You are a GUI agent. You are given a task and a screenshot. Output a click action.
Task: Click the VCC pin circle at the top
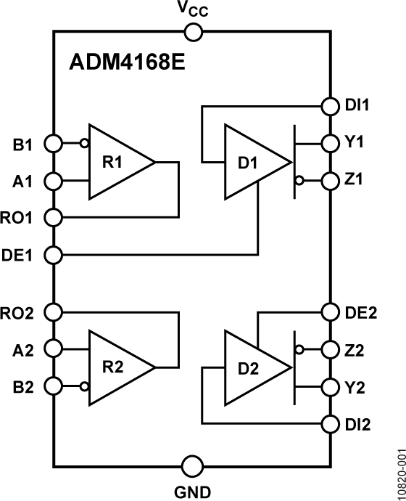193,32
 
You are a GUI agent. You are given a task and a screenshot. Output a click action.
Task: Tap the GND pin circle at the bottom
193,465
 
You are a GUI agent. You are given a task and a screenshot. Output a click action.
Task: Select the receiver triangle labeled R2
116,366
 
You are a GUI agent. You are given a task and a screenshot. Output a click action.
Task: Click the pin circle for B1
54,143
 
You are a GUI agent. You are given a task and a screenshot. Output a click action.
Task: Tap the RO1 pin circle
54,216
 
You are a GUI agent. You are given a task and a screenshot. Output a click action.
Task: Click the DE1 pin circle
54,255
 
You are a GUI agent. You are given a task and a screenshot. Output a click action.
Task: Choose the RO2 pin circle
54,312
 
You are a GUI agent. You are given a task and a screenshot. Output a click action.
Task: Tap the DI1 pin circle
330,106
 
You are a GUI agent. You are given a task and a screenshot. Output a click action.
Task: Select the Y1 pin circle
330,142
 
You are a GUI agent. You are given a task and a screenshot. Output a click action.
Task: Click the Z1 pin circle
330,179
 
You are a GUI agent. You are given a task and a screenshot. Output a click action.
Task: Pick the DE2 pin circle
330,312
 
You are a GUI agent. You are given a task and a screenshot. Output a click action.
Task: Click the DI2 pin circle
330,423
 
